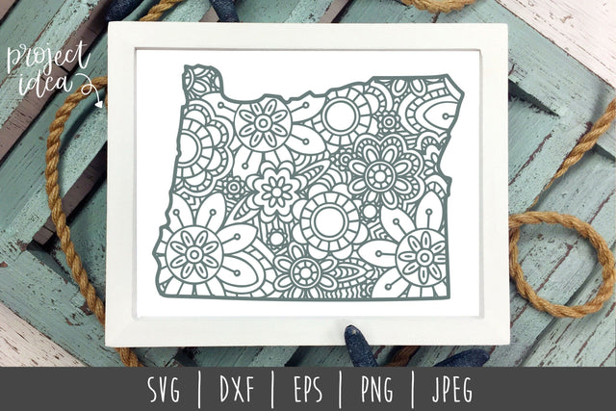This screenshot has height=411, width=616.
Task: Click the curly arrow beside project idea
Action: [x=92, y=88]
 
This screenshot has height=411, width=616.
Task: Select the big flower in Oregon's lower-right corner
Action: [x=421, y=257]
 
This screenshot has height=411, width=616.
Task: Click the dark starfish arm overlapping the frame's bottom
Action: [x=361, y=339]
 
